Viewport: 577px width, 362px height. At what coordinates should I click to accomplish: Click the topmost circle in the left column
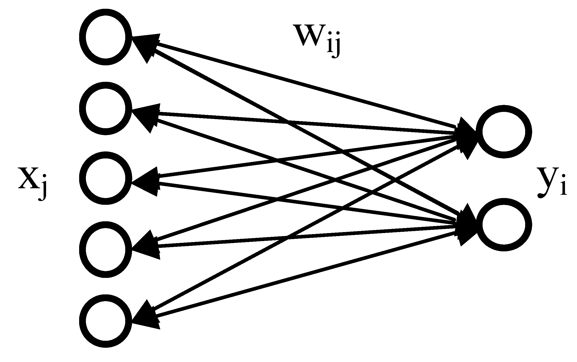click(105, 37)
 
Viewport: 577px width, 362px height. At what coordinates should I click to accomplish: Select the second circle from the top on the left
click(105, 108)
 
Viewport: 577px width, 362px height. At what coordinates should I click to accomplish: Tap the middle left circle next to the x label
click(105, 178)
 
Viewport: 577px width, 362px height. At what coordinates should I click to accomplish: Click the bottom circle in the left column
click(105, 321)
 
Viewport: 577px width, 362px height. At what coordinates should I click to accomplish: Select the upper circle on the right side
click(503, 132)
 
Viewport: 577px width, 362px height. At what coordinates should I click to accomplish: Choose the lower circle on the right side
click(503, 225)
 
